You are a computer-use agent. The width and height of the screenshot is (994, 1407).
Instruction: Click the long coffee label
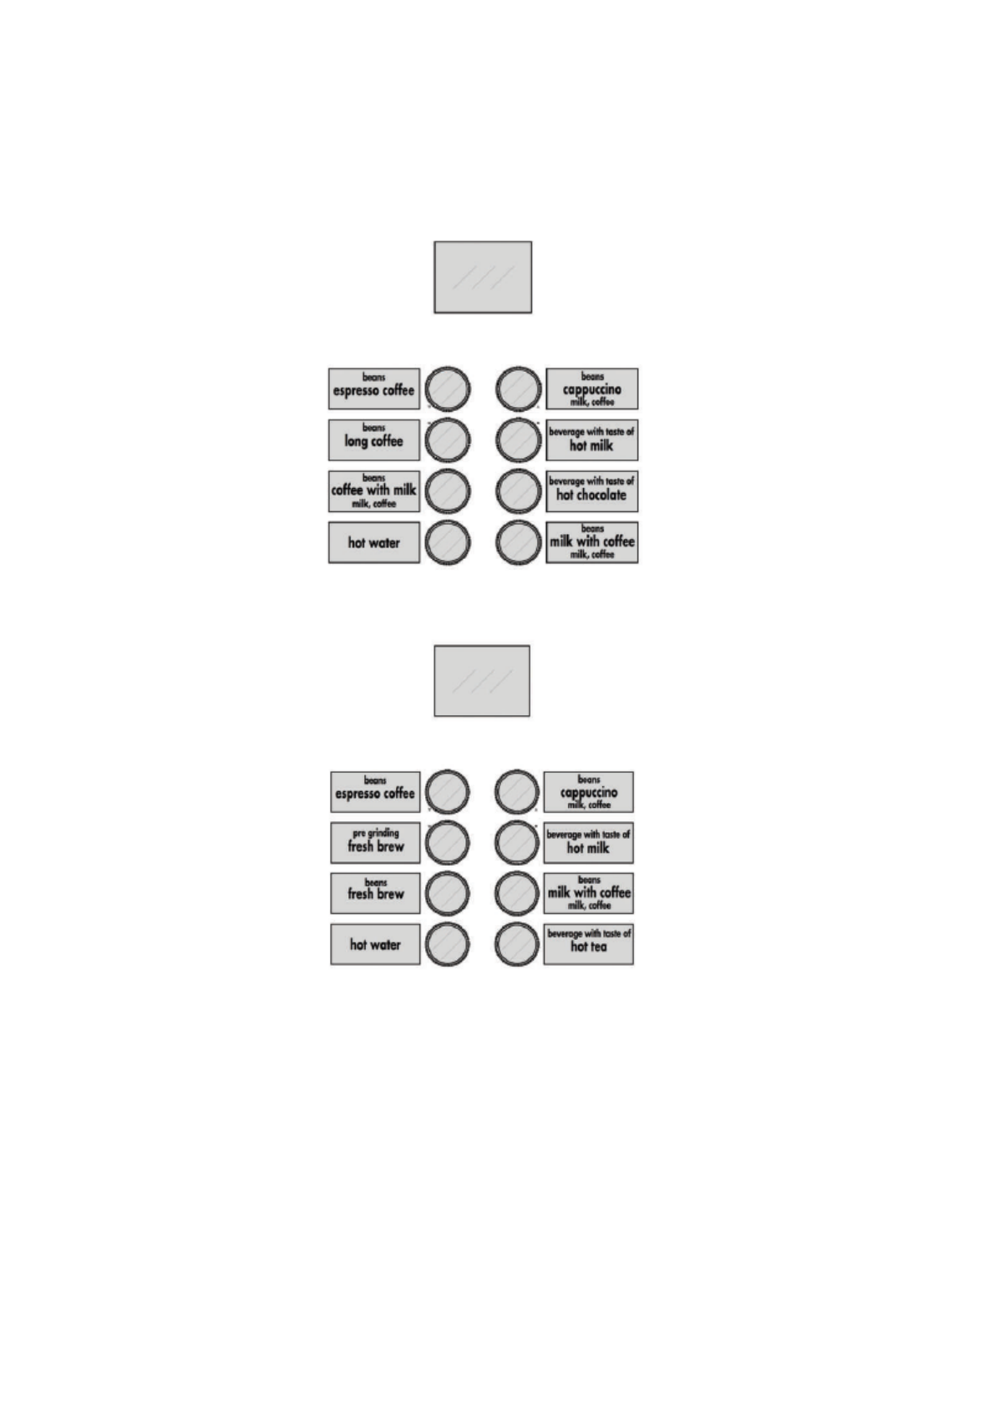point(373,439)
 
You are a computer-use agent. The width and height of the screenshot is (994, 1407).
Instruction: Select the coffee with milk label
point(373,491)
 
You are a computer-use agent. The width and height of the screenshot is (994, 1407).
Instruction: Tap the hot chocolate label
point(591,491)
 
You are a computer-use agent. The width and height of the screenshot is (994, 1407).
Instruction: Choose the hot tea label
point(588,944)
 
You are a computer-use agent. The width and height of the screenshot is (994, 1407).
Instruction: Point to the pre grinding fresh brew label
point(375,843)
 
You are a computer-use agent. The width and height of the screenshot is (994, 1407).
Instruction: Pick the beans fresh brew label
point(375,892)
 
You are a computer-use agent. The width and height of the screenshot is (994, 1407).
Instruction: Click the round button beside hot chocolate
point(519,491)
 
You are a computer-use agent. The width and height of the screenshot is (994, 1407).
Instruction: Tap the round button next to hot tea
point(517,944)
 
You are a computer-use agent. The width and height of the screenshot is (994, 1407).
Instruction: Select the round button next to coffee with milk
point(448,491)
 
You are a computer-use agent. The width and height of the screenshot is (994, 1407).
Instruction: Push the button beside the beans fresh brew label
point(448,893)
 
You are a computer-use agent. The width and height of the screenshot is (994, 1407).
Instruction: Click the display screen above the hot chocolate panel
point(483,277)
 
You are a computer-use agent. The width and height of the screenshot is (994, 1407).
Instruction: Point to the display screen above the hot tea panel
point(482,680)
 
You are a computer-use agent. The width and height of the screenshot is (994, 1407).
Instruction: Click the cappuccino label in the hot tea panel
point(588,792)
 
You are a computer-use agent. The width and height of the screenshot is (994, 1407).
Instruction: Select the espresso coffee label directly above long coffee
point(373,389)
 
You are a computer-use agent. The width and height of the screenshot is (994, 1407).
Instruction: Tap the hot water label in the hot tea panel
point(375,944)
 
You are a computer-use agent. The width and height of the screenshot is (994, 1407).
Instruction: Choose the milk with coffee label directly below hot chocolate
point(591,542)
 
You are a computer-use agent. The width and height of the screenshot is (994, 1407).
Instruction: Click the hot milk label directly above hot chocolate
point(591,439)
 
